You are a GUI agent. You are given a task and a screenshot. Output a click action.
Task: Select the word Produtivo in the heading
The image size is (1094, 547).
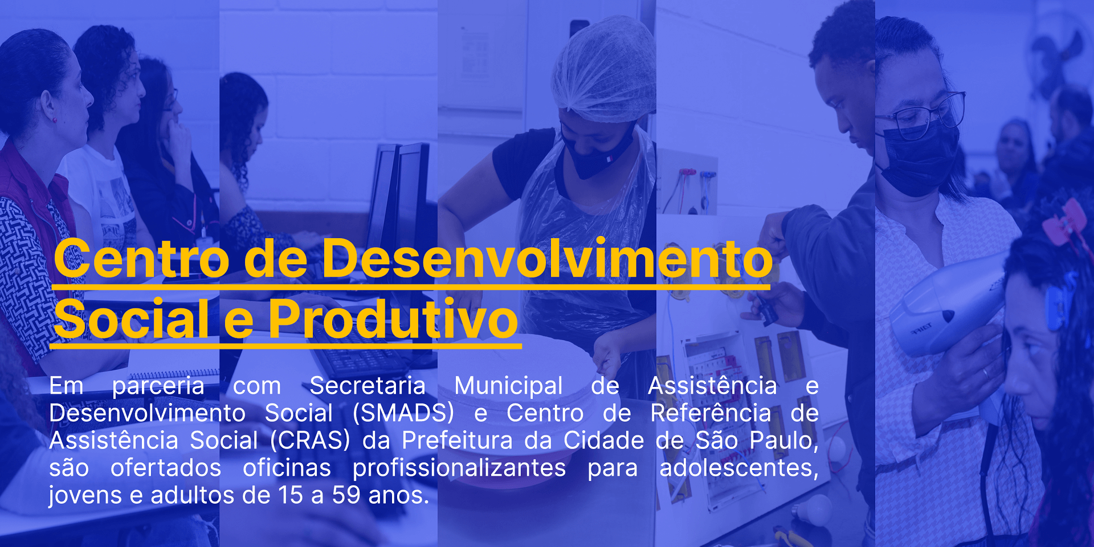click(x=393, y=319)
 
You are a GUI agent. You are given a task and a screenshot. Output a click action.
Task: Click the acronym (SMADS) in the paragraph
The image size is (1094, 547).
click(x=403, y=413)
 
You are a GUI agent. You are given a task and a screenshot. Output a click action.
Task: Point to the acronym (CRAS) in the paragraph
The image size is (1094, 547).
click(x=310, y=440)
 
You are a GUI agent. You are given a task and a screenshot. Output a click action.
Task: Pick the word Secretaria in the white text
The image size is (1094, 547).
click(x=368, y=386)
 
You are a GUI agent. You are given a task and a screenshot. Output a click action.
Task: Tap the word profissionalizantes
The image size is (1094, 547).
click(x=459, y=468)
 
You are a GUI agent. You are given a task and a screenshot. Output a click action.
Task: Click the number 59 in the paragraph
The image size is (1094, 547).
click(x=346, y=495)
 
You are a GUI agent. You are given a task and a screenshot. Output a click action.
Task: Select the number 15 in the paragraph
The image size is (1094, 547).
click(x=291, y=495)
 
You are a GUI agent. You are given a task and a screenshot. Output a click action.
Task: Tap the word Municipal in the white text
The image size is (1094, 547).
click(x=508, y=386)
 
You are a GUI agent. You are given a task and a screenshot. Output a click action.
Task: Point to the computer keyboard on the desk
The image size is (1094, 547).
click(x=365, y=356)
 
